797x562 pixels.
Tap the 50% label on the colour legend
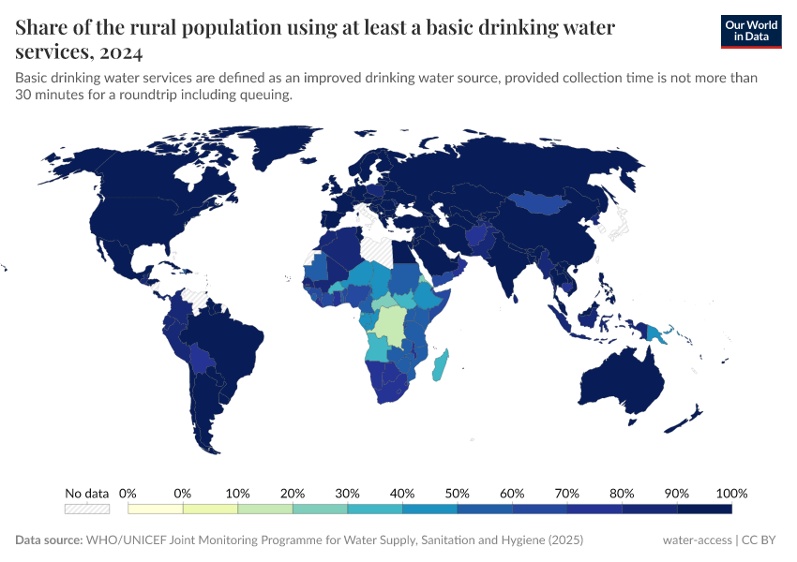[458, 493]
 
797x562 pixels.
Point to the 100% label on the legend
[731, 493]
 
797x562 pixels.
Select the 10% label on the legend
[238, 493]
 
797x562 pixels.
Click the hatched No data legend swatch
[86, 509]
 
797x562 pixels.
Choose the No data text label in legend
[86, 493]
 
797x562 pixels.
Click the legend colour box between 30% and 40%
[375, 509]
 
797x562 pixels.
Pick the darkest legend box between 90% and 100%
[704, 509]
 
